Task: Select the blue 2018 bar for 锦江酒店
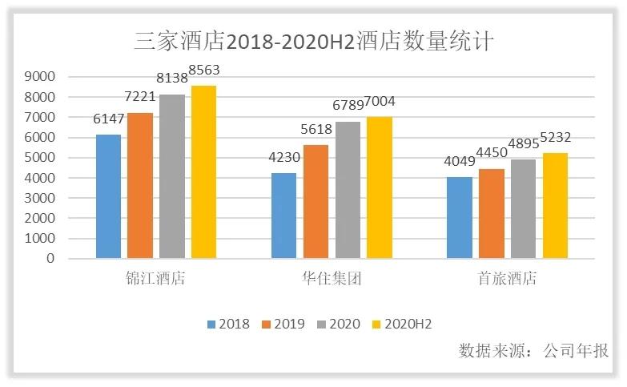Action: point(108,196)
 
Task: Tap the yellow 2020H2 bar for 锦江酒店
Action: point(203,172)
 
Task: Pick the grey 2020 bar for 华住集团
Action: point(348,190)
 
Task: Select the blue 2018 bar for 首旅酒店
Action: point(459,218)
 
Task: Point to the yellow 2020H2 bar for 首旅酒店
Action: point(554,206)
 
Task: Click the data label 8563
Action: point(203,71)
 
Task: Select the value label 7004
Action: point(380,102)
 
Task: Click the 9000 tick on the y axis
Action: point(39,77)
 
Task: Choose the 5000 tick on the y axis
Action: point(39,158)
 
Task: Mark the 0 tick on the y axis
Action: point(50,259)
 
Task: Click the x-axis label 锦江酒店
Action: point(155,280)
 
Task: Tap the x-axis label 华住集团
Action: point(332,280)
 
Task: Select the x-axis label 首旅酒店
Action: point(507,280)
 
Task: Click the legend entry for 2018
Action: point(228,324)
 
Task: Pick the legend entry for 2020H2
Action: point(401,324)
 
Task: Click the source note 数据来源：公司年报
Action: point(533,351)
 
